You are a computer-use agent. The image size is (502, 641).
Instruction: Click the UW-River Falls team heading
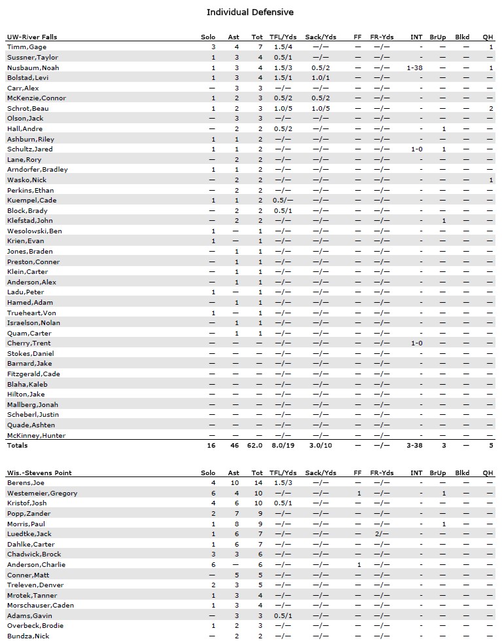coord(31,37)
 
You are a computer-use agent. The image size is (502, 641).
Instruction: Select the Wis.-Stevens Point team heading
coord(39,473)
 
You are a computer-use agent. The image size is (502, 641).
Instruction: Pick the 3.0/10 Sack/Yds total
coord(320,446)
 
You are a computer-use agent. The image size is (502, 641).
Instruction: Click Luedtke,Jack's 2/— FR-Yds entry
coord(382,534)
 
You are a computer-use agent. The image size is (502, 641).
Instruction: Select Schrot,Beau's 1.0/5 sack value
coord(320,108)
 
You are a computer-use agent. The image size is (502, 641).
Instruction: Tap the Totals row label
coord(18,446)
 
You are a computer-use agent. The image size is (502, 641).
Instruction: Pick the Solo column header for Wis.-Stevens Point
coord(208,473)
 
